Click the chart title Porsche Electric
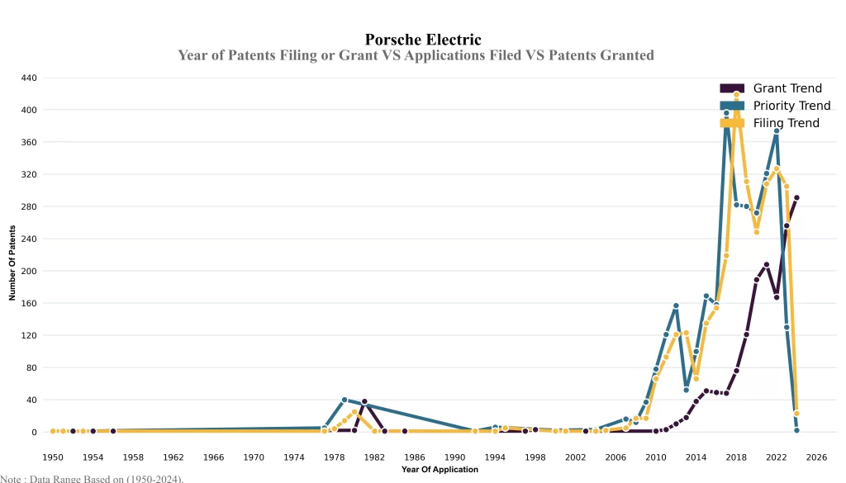pyautogui.click(x=422, y=39)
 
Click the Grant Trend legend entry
pyautogui.click(x=787, y=88)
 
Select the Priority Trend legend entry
pyautogui.click(x=791, y=106)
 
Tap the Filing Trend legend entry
pyautogui.click(x=786, y=123)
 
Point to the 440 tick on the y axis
pyautogui.click(x=28, y=78)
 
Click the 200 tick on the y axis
pyautogui.click(x=28, y=271)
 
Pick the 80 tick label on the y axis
pyautogui.click(x=31, y=367)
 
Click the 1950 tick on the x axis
pyautogui.click(x=53, y=457)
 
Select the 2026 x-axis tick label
pyautogui.click(x=816, y=457)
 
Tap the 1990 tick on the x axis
pyautogui.click(x=455, y=457)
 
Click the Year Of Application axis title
pyautogui.click(x=440, y=470)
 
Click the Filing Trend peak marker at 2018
pyautogui.click(x=736, y=95)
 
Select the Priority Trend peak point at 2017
pyautogui.click(x=726, y=113)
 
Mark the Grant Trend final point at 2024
pyautogui.click(x=796, y=198)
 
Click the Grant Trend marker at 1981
pyautogui.click(x=364, y=401)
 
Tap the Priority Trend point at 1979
pyautogui.click(x=345, y=400)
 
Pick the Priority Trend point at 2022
pyautogui.click(x=777, y=131)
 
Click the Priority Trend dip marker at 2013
pyautogui.click(x=686, y=390)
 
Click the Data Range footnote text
pyautogui.click(x=92, y=478)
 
